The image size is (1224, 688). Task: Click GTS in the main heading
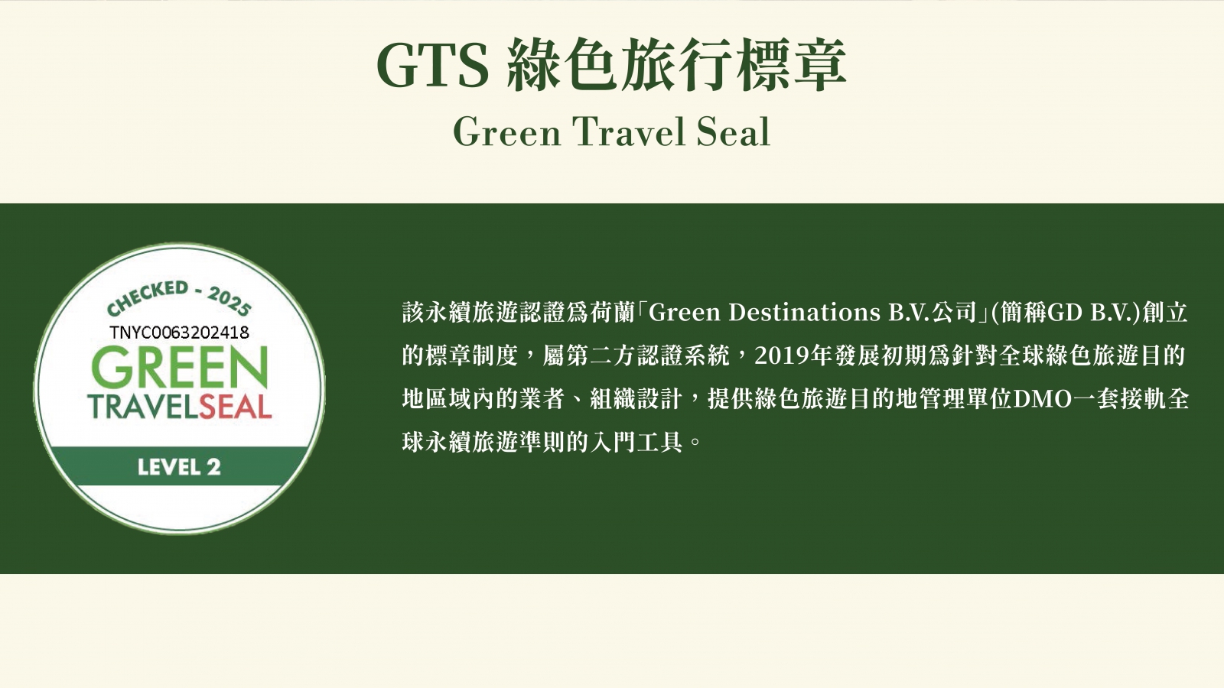point(433,65)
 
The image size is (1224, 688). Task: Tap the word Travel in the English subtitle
point(627,133)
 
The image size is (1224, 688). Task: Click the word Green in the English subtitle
point(507,133)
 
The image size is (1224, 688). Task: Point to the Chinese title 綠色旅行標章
point(676,65)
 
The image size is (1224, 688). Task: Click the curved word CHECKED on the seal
point(148,297)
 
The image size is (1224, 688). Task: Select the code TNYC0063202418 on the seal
point(179,332)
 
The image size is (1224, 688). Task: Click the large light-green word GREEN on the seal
point(180,366)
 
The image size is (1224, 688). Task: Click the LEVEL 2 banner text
point(179,467)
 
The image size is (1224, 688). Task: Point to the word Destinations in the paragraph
point(804,313)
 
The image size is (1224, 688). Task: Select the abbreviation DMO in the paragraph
point(1043,399)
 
